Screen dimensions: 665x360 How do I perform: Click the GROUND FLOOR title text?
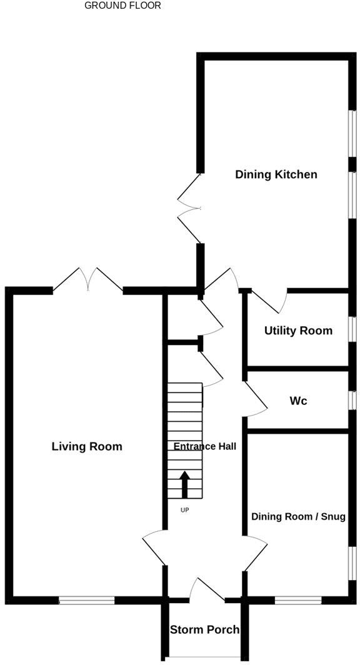click(x=122, y=6)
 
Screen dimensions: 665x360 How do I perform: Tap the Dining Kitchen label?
click(x=276, y=174)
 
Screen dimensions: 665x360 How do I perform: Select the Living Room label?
click(x=87, y=446)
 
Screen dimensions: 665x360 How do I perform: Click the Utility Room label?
click(x=298, y=331)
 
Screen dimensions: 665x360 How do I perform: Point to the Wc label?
click(x=298, y=401)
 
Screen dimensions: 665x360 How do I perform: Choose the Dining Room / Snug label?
click(x=298, y=517)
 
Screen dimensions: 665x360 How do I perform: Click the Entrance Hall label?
click(x=204, y=446)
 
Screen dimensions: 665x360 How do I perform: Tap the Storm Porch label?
click(x=204, y=629)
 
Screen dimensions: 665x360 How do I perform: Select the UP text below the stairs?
click(x=184, y=510)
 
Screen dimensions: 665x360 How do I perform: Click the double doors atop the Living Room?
click(x=88, y=281)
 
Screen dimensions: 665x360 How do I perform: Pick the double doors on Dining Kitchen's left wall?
click(x=189, y=208)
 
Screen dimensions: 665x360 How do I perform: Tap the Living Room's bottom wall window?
click(x=87, y=601)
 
